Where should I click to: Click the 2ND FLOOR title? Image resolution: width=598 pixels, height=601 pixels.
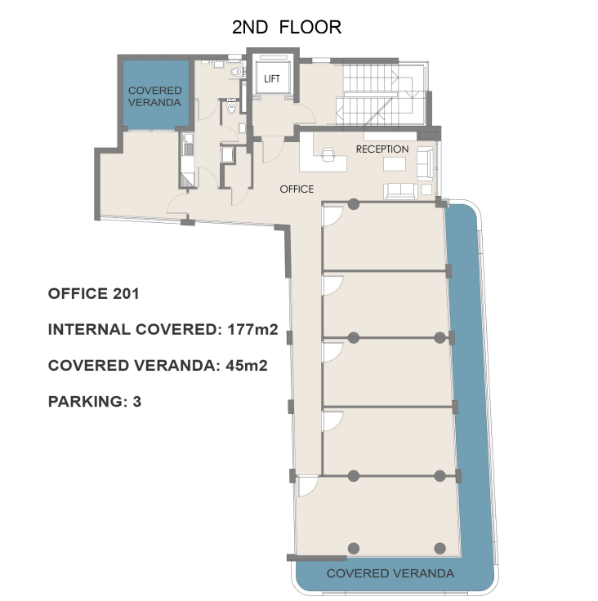(x=287, y=27)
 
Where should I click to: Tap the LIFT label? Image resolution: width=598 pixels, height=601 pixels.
(x=272, y=79)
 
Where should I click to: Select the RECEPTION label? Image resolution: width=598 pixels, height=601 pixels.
(x=382, y=149)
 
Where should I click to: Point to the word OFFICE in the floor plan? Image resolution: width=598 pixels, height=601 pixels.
(x=297, y=189)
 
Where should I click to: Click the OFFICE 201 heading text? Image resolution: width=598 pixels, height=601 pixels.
(x=93, y=294)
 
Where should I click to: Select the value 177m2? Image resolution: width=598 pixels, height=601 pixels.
(x=252, y=329)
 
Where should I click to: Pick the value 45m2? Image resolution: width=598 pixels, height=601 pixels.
(x=246, y=365)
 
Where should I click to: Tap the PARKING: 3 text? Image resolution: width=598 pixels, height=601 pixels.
(x=95, y=401)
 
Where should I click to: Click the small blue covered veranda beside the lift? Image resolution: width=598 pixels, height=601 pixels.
(x=156, y=94)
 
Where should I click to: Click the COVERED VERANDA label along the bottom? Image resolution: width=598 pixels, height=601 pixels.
(x=390, y=573)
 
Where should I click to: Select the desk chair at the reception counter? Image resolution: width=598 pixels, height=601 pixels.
(x=328, y=154)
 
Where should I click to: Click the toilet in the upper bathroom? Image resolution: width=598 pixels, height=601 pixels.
(x=236, y=72)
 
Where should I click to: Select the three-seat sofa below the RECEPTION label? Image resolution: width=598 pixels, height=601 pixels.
(x=400, y=191)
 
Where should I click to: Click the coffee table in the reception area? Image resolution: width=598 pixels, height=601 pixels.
(x=395, y=164)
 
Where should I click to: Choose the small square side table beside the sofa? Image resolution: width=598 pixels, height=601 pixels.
(x=426, y=189)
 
